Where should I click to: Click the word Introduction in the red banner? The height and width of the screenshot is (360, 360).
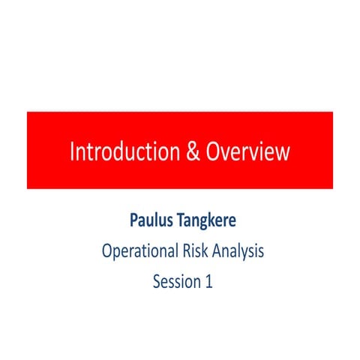click(x=120, y=151)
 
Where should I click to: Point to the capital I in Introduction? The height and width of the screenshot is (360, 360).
click(x=73, y=151)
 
